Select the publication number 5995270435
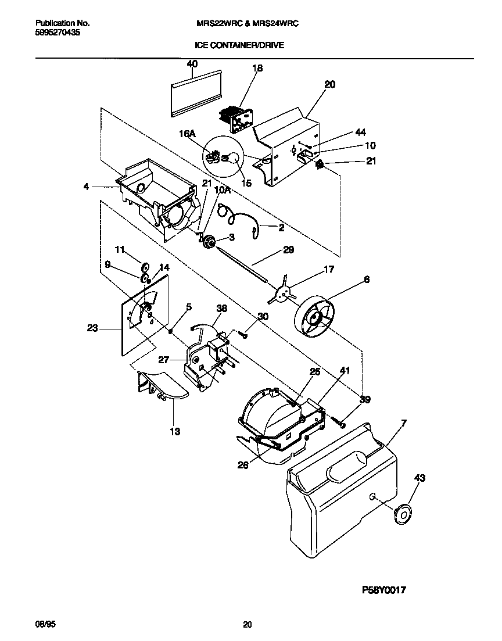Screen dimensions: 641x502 click(58, 33)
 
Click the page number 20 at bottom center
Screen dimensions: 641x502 click(248, 625)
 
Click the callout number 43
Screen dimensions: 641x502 click(419, 478)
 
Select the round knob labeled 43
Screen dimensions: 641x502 click(401, 514)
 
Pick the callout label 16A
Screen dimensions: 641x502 click(187, 134)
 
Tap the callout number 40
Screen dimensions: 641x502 click(192, 64)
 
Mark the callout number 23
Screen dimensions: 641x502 click(92, 328)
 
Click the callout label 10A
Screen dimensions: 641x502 click(223, 190)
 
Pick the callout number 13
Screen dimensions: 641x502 click(174, 431)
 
